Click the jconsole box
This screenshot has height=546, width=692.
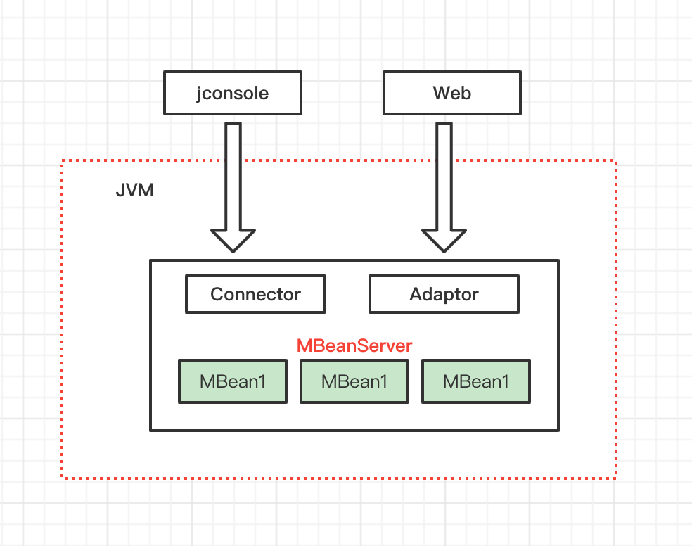click(x=233, y=93)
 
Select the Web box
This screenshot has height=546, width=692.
click(x=451, y=93)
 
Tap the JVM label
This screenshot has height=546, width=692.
click(x=134, y=191)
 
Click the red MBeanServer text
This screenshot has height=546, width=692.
click(x=354, y=345)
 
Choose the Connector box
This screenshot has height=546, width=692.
click(x=255, y=294)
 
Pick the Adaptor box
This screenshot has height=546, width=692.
click(x=444, y=294)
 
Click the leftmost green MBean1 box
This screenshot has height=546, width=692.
click(x=233, y=382)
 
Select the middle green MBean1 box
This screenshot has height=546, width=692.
click(x=354, y=382)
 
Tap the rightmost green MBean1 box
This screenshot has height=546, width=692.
click(x=476, y=382)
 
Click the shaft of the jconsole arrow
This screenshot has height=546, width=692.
click(x=233, y=176)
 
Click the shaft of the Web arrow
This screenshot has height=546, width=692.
click(x=444, y=176)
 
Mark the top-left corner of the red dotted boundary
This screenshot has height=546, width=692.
click(x=63, y=161)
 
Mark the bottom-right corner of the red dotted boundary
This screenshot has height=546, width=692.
click(x=616, y=478)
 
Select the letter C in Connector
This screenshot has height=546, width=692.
click(x=217, y=294)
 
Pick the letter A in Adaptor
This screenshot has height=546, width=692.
click(x=416, y=294)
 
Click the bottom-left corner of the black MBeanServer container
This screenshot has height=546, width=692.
click(x=150, y=430)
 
